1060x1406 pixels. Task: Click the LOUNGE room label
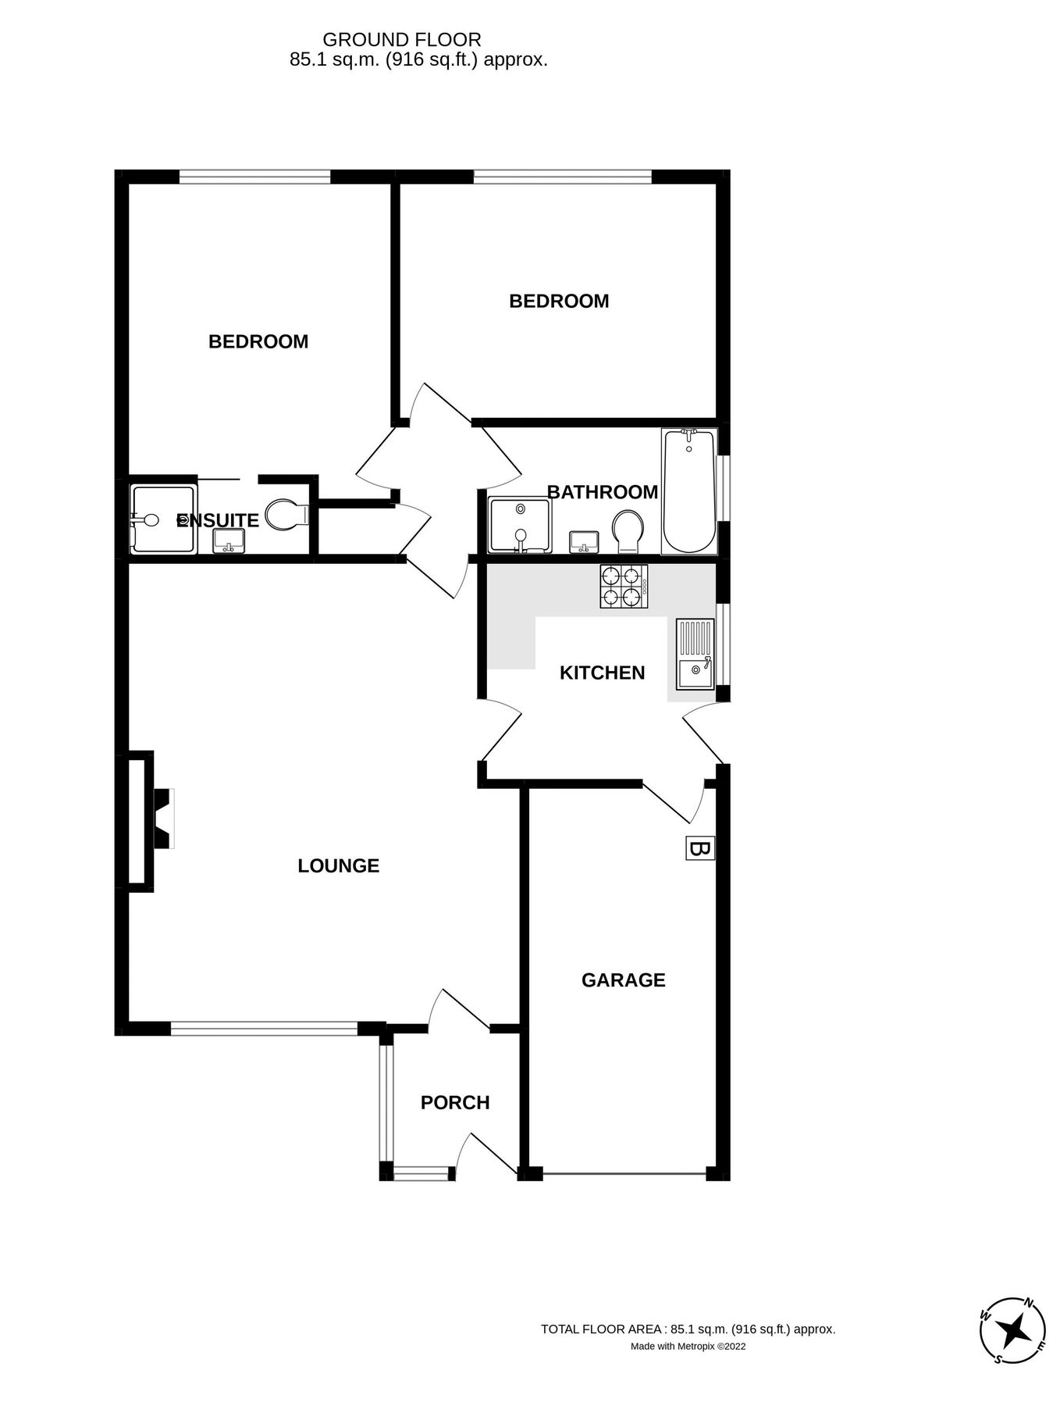pos(338,865)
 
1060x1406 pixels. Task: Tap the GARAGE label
pos(623,980)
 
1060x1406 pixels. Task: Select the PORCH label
pos(455,1102)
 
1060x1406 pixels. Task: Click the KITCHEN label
pos(602,673)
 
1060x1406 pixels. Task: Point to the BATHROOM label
pos(602,492)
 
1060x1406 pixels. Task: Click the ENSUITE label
pos(218,520)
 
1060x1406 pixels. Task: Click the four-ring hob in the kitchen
pos(623,587)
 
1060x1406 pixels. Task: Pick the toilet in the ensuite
pos(284,514)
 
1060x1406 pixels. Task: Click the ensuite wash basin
pos(229,540)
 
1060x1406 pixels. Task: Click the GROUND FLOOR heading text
pos(402,39)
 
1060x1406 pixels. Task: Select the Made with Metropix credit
pos(688,1346)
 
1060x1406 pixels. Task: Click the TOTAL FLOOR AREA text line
pos(688,1329)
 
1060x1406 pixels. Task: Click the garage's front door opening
pos(624,1173)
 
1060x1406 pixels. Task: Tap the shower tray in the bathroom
pos(520,524)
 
